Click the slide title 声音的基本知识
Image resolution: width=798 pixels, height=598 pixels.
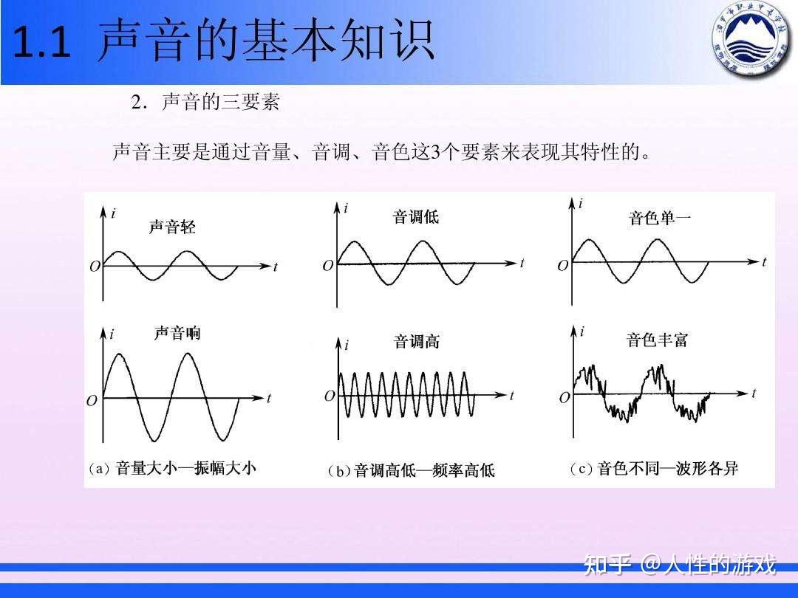tap(266, 41)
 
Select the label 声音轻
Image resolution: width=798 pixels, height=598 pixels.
tap(172, 227)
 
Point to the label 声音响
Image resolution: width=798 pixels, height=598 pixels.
tap(177, 334)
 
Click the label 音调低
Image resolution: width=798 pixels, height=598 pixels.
tap(415, 217)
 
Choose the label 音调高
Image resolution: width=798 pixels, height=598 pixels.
tap(416, 342)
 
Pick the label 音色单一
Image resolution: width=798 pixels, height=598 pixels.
tap(660, 218)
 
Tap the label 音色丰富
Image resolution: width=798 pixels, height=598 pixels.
tap(657, 340)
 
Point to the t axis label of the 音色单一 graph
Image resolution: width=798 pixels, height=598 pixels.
tap(764, 262)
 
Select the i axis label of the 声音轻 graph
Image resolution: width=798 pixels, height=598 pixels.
tap(113, 213)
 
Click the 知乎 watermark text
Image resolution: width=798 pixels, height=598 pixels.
tap(607, 566)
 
